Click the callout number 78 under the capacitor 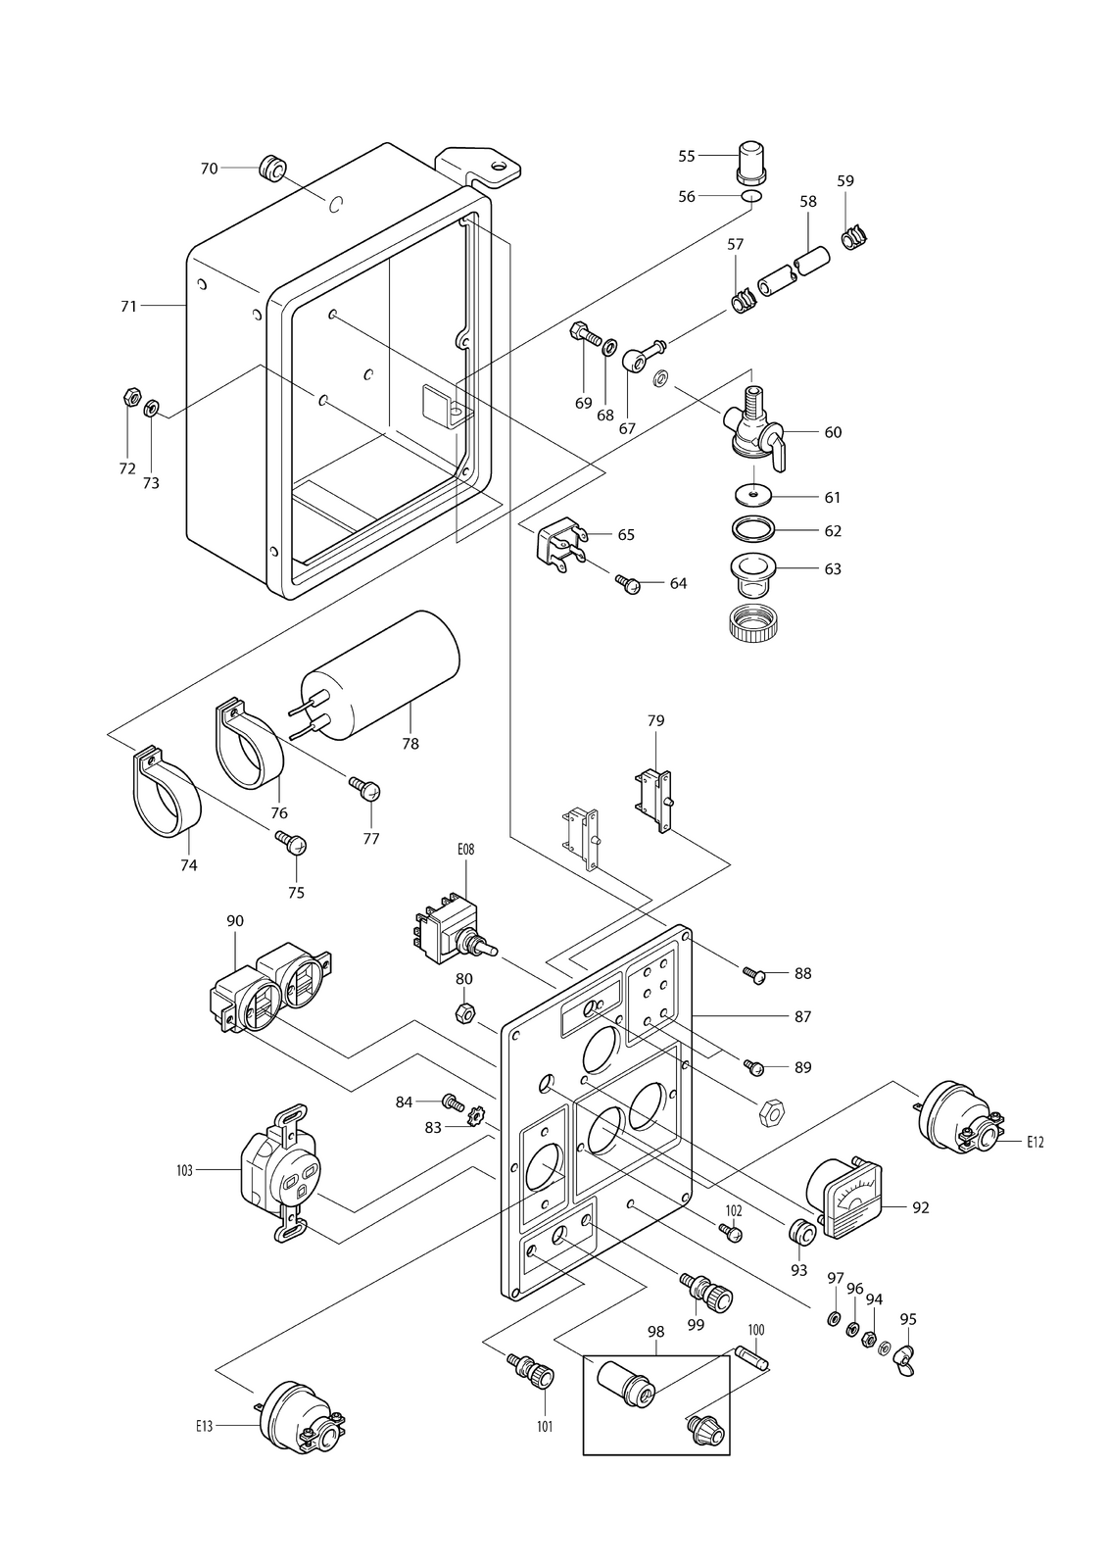(x=410, y=744)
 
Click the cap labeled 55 (x=751, y=161)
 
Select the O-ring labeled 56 (x=751, y=196)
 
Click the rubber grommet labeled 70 (x=273, y=168)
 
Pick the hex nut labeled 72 (x=128, y=398)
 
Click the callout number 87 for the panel (x=802, y=1016)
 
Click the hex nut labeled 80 (x=464, y=1012)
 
